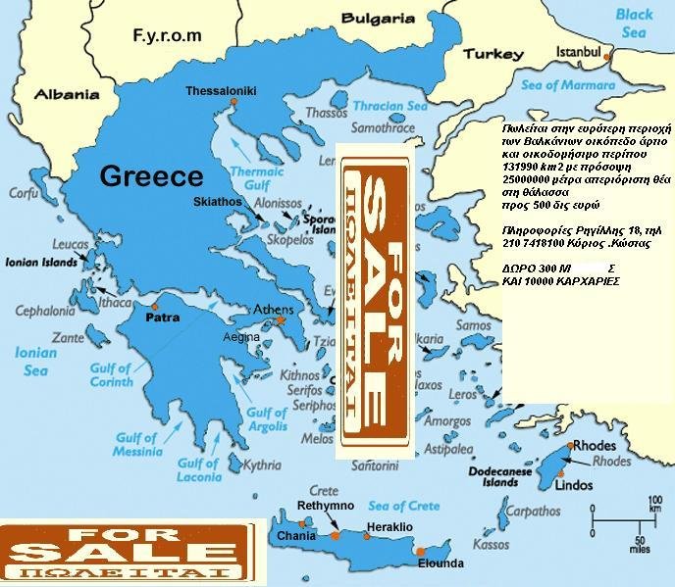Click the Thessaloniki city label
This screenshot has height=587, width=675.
pyautogui.click(x=221, y=91)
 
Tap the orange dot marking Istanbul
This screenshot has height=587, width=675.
pyautogui.click(x=608, y=58)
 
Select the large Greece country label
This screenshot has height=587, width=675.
pyautogui.click(x=152, y=176)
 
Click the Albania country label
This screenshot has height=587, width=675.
pyautogui.click(x=67, y=94)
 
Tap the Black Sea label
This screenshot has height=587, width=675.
pyautogui.click(x=633, y=24)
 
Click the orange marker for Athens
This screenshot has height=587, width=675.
pyautogui.click(x=281, y=320)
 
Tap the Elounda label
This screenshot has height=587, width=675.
pyautogui.click(x=440, y=564)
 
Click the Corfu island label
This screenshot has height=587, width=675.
pyautogui.click(x=24, y=193)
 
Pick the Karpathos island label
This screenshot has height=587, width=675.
pyautogui.click(x=539, y=512)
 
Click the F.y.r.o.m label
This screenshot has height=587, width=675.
pyautogui.click(x=167, y=35)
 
